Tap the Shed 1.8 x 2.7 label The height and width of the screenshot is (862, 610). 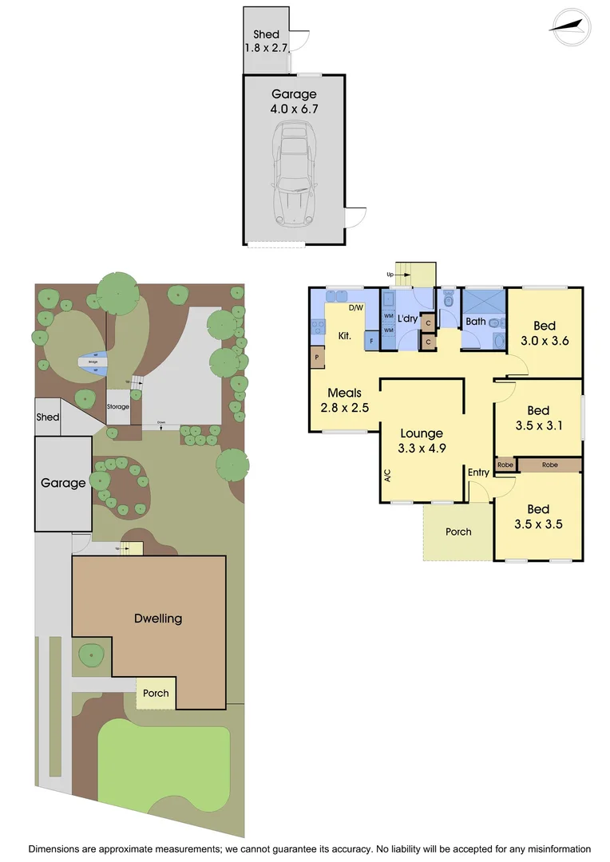point(267,41)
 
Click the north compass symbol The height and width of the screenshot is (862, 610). point(570,26)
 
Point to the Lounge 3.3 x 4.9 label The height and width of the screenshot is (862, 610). point(421,441)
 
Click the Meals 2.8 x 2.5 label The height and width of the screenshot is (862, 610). point(345,400)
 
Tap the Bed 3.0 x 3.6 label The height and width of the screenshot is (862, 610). point(545,333)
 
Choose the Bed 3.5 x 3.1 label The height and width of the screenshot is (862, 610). point(538,418)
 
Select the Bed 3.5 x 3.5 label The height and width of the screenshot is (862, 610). point(538,516)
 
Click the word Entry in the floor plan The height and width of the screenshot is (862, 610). point(478,473)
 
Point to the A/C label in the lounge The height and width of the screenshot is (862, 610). point(387,476)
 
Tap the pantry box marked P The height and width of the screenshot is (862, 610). point(317,358)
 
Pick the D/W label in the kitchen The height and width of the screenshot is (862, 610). point(355,307)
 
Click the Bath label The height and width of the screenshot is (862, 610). point(476,322)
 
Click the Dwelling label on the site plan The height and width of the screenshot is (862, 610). point(158,618)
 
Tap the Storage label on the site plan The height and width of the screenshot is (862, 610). point(118,407)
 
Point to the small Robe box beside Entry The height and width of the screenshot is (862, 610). point(505,465)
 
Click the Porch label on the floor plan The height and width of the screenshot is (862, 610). point(458,532)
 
